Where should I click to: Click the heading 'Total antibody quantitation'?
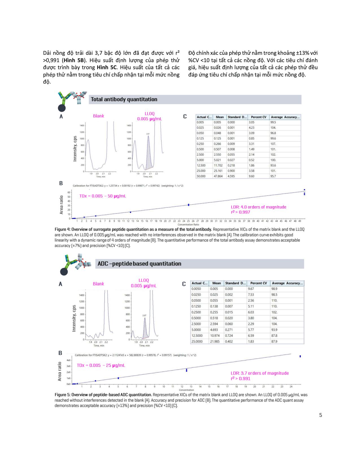[x=124, y=99]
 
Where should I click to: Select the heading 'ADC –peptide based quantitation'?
[x=139, y=264]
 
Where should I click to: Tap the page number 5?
[x=320, y=415]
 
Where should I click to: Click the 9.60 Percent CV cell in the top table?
[x=251, y=176]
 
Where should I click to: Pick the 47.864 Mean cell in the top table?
[x=218, y=176]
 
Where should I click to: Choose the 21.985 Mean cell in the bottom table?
[x=215, y=341]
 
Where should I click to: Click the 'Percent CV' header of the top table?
[x=258, y=117]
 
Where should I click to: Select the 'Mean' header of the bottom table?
[x=217, y=283]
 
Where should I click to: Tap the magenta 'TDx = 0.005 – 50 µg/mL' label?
[x=102, y=196]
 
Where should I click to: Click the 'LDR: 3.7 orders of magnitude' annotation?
[x=259, y=373]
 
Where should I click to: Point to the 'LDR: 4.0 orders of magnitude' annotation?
[x=258, y=207]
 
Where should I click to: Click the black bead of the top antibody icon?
[x=62, y=108]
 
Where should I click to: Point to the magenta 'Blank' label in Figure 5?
[x=98, y=284]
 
